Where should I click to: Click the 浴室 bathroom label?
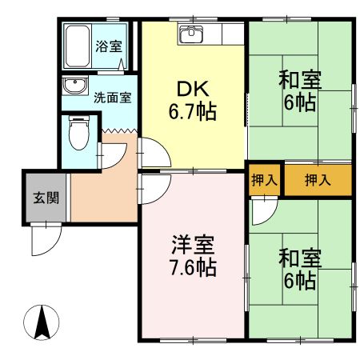108,46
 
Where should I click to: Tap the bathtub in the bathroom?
78,47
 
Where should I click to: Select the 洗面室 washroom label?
112,98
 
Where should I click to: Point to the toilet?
78,134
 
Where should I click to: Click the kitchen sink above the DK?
193,34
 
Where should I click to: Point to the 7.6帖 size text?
190,266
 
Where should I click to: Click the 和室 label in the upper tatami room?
300,81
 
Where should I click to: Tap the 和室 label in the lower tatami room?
300,258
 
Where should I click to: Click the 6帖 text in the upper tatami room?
300,103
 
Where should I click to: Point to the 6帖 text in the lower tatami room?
300,281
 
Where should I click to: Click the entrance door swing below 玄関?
46,238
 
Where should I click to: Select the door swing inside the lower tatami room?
262,212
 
